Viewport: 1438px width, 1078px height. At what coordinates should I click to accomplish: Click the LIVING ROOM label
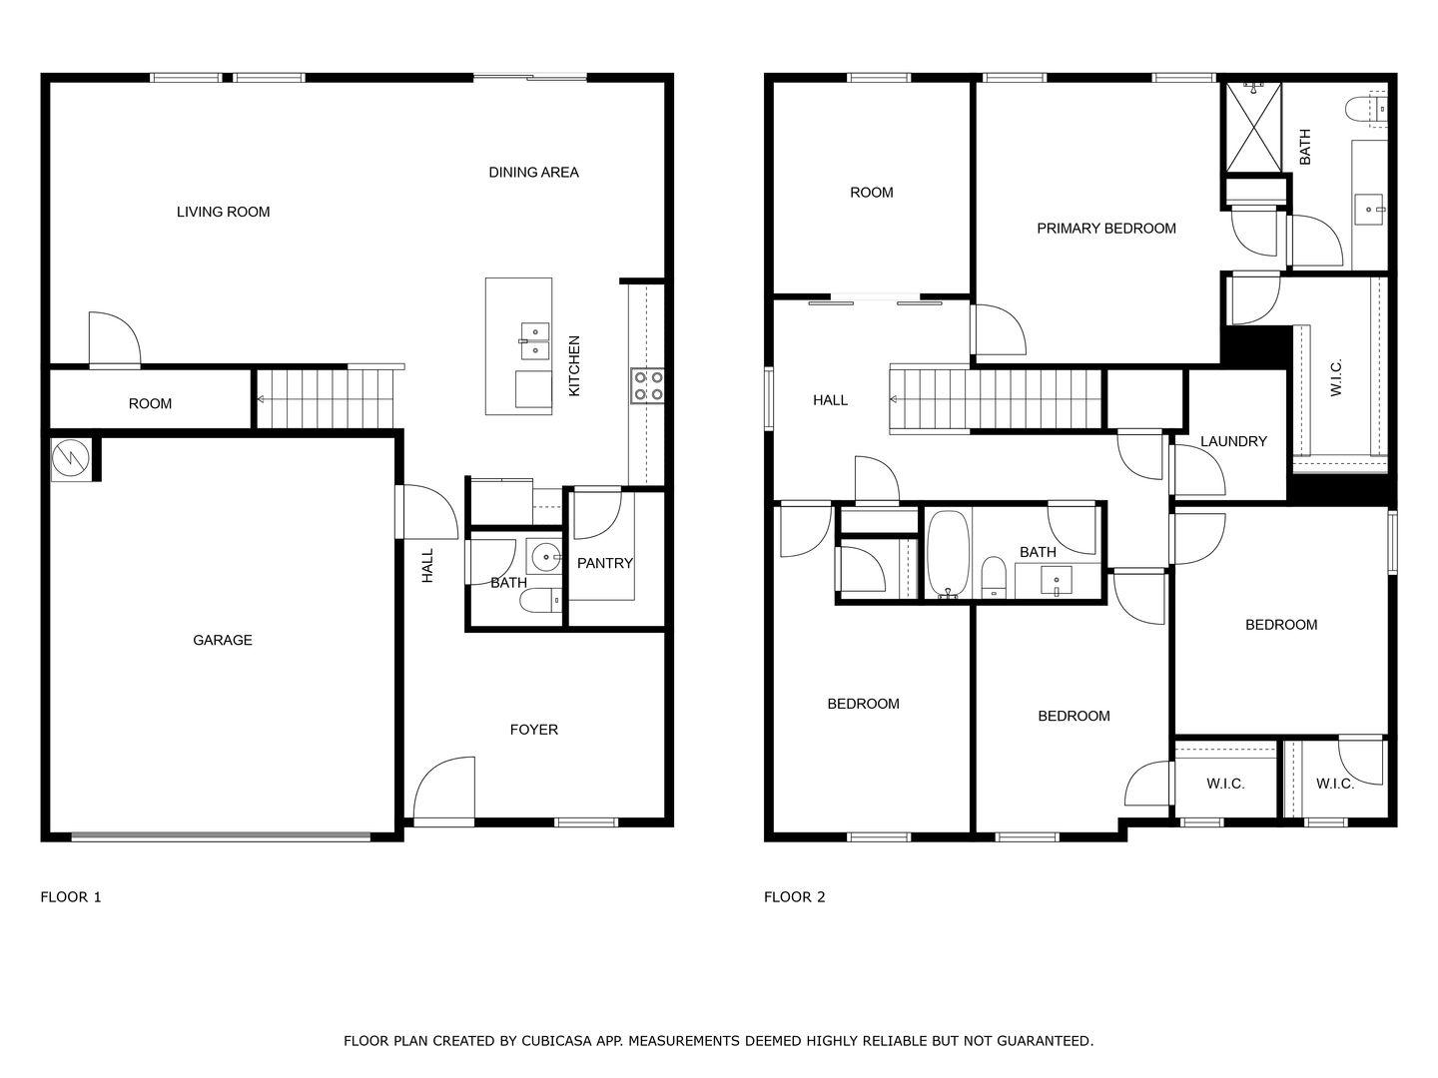[x=224, y=212]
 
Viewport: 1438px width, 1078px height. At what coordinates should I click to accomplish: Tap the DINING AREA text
[x=534, y=173]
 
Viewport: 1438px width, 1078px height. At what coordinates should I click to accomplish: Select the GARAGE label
[x=223, y=640]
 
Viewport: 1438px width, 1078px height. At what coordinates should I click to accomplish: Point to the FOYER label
[x=534, y=730]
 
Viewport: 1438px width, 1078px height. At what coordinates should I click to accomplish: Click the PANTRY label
[x=605, y=564]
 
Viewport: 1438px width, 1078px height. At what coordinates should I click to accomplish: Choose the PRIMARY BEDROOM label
[x=1106, y=229]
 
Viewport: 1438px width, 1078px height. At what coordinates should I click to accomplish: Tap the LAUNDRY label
[x=1233, y=442]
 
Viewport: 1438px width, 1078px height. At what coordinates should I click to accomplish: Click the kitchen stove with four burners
[x=647, y=385]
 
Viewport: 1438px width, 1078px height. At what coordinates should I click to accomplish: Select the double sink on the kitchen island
[x=535, y=341]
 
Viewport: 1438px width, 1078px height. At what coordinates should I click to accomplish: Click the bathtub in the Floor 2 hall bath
[x=948, y=554]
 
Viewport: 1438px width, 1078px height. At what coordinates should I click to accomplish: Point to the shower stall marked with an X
[x=1253, y=128]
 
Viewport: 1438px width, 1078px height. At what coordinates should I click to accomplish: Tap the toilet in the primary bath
[x=1366, y=109]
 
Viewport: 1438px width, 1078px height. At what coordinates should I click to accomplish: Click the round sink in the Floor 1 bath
[x=545, y=558]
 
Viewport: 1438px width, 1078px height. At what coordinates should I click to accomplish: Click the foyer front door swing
[x=444, y=788]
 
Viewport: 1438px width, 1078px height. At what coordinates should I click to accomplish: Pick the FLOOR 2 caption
[x=795, y=897]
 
